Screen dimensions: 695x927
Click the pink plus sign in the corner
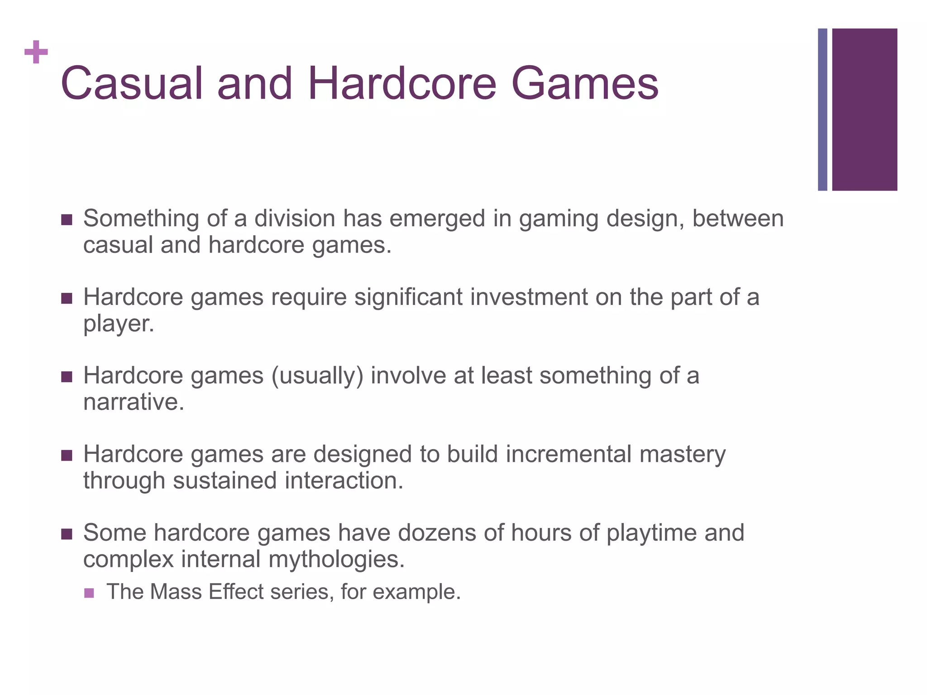[x=36, y=52]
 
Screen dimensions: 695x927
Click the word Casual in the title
[x=132, y=84]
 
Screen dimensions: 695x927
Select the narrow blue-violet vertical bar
[x=822, y=109]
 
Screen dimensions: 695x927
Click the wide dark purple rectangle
[x=865, y=109]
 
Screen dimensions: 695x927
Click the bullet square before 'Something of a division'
[x=67, y=220]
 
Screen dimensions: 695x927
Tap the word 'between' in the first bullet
[x=738, y=219]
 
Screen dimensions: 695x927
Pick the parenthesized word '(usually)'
[x=317, y=376]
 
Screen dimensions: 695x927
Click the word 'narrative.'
[x=134, y=402]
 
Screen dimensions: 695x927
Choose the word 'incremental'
[x=568, y=454]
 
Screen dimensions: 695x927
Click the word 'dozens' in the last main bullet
[x=437, y=533]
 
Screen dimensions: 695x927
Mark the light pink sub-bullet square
[x=89, y=593]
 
